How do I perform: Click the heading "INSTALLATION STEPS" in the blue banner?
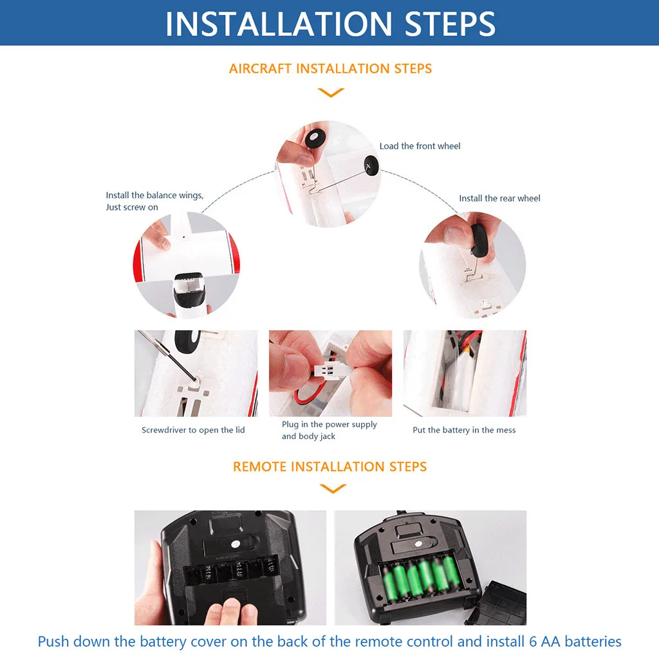330,24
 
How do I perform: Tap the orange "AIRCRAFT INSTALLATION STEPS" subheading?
330,68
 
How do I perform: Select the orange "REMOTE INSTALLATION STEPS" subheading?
330,467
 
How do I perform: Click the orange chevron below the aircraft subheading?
331,93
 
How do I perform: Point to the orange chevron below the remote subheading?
333,488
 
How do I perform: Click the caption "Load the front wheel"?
420,146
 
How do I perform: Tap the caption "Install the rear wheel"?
499,198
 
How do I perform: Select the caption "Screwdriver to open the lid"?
193,430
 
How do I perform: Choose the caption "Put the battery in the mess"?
464,430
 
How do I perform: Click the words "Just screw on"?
132,207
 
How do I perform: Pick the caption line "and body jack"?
308,436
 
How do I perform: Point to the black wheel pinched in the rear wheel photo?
478,240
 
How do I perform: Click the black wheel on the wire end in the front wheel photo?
371,165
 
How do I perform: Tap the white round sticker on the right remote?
418,543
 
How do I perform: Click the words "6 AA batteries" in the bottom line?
575,642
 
